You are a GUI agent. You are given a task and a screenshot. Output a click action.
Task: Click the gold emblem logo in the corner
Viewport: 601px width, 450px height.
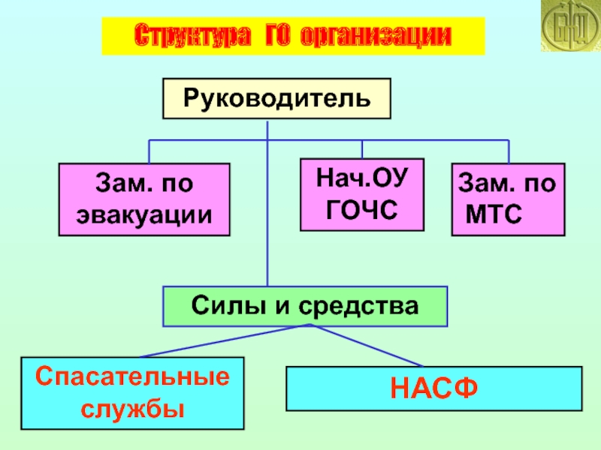pos(569,27)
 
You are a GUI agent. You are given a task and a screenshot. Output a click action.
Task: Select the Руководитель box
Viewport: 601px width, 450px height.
pos(276,98)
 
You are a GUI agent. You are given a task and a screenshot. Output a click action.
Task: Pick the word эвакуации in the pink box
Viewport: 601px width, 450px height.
pos(144,214)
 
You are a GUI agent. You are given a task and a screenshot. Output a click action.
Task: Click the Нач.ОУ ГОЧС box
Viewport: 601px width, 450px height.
pos(362,194)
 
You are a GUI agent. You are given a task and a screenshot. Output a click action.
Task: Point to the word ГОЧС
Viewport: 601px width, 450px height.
pos(362,210)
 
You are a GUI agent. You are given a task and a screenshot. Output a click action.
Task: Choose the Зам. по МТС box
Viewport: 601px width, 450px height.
pos(508,199)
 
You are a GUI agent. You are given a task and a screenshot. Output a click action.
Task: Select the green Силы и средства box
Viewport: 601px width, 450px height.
pos(305,306)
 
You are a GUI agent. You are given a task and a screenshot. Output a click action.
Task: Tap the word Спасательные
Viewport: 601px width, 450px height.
pos(132,376)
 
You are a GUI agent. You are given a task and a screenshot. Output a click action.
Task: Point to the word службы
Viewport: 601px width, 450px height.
pos(132,409)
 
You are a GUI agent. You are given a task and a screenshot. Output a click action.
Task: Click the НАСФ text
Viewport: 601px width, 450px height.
pos(433,388)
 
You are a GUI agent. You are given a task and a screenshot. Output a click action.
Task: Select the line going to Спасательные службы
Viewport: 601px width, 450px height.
pos(225,340)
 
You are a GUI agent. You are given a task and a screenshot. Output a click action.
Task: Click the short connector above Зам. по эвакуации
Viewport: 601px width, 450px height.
pos(149,151)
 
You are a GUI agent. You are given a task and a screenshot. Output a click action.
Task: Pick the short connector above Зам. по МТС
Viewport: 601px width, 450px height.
pos(509,151)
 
